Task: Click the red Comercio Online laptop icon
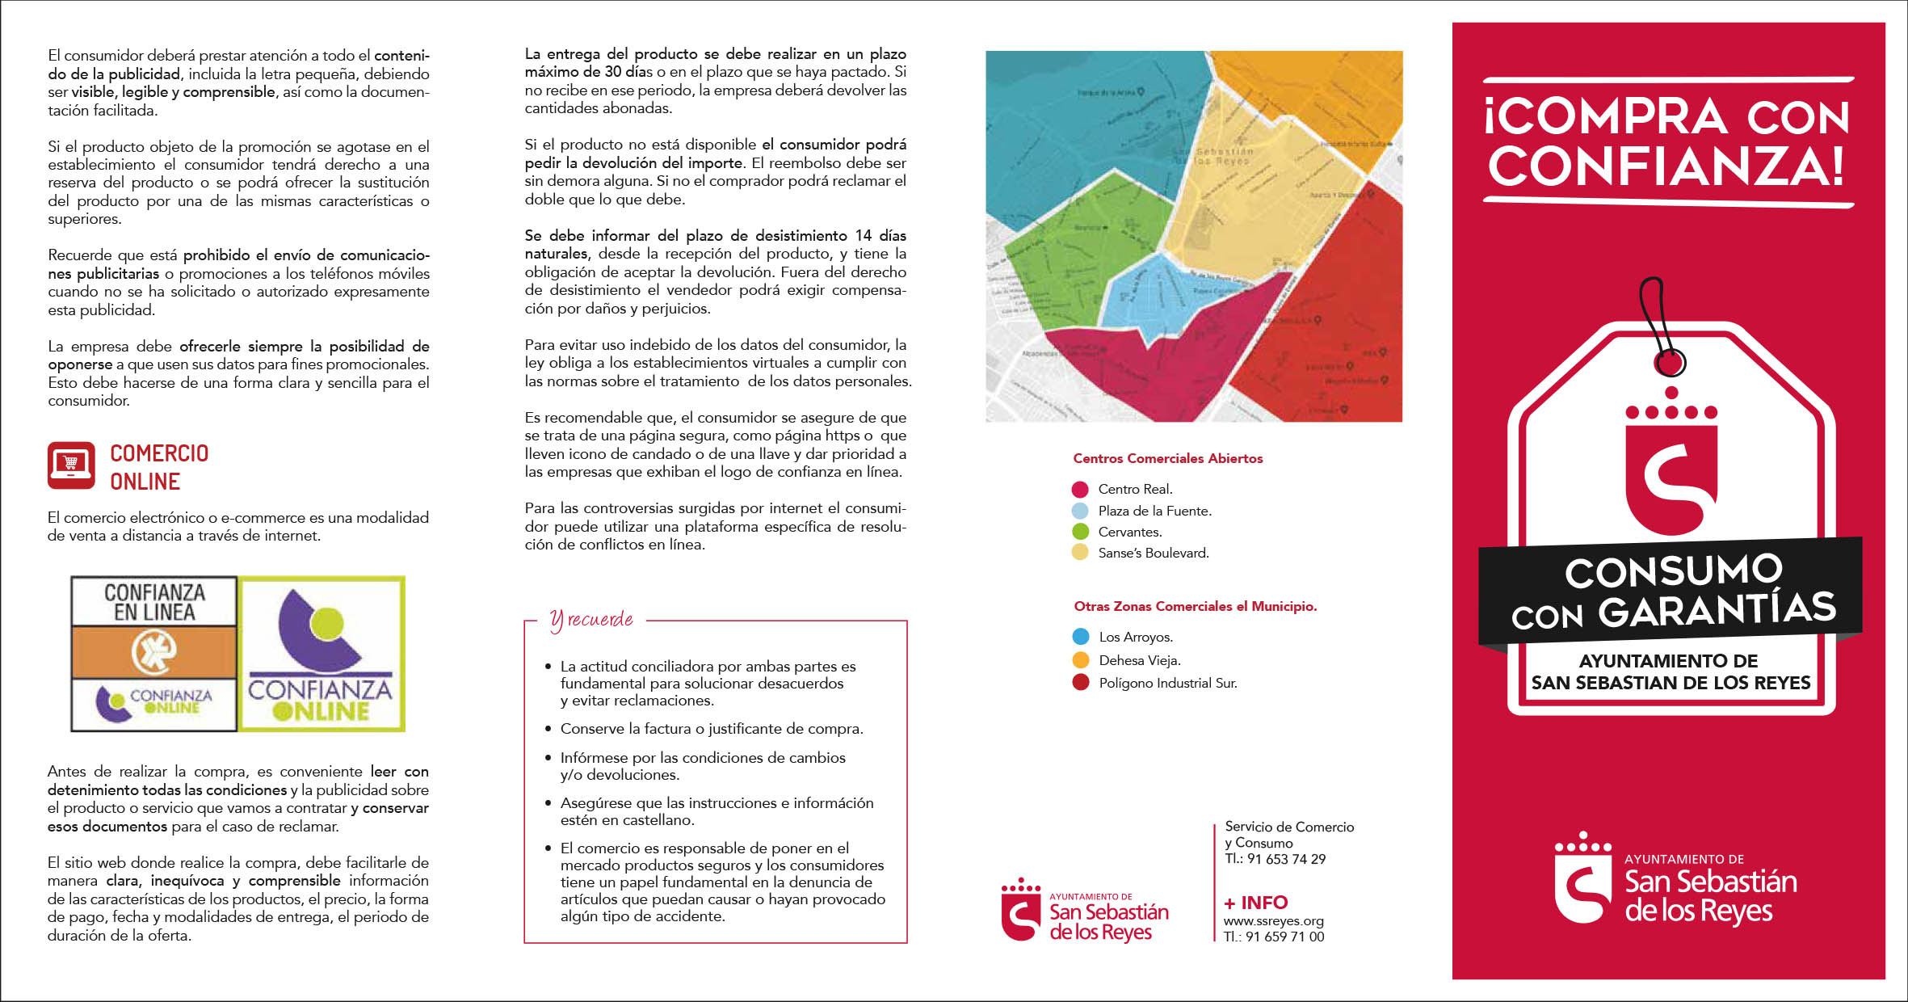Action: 71,465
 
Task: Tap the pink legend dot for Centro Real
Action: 1079,490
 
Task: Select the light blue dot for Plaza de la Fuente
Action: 1079,511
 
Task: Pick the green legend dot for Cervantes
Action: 1079,532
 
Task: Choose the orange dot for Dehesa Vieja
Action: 1080,660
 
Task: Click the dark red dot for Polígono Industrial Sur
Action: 1080,683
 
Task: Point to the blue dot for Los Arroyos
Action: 1080,637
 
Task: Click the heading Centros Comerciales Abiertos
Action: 1167,458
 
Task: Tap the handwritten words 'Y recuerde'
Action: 591,620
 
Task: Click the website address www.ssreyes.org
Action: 1273,921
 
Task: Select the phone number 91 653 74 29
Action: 1286,859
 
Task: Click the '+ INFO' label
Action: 1255,903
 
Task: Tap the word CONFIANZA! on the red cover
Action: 1666,166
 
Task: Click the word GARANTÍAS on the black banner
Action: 1717,610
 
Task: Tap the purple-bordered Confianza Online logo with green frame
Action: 322,654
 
